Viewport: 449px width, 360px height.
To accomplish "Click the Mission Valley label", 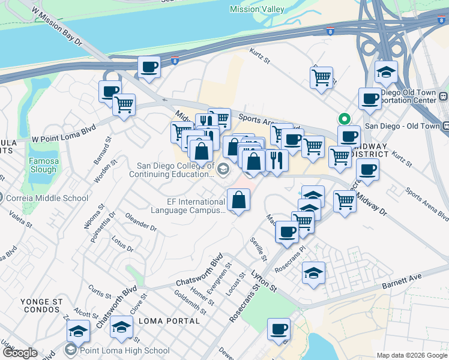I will (258, 9).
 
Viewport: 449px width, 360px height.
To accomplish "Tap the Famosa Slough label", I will (43, 165).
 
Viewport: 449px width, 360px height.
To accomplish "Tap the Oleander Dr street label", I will (140, 223).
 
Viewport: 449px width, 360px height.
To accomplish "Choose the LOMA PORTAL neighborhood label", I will (169, 321).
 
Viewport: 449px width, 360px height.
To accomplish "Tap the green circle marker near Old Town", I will (344, 118).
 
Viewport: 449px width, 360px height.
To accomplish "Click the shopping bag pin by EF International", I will (239, 199).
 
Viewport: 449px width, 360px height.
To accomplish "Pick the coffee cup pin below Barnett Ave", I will (278, 329).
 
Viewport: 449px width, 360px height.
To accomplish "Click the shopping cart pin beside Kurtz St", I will (321, 77).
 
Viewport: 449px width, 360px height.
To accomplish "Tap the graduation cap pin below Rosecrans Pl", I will (313, 273).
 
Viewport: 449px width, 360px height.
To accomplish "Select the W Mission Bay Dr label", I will (55, 26).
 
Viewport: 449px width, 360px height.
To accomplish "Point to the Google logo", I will (20, 353).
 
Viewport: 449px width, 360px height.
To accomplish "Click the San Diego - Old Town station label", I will (402, 126).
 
